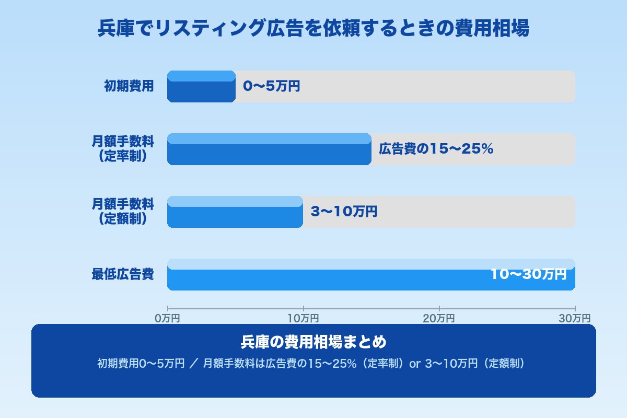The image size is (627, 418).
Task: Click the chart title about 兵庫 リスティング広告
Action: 313,29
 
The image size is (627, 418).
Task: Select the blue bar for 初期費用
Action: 201,87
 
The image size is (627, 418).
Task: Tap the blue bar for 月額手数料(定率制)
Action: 269,149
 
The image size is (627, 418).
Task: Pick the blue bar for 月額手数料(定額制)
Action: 235,212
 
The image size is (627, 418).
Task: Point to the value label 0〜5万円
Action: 272,86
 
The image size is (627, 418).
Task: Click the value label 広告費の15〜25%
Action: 436,149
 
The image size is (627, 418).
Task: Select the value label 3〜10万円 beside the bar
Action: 344,212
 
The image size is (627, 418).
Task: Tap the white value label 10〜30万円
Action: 528,274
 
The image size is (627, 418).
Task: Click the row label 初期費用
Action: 129,86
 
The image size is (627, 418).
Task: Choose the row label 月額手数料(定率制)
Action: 123,149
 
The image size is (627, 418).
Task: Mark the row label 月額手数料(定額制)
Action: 123,212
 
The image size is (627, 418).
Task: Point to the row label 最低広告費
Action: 123,274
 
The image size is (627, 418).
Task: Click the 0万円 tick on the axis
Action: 167,318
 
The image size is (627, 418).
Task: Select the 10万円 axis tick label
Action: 303,318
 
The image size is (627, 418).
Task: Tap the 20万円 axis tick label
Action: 439,318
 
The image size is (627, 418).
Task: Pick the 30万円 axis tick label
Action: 575,318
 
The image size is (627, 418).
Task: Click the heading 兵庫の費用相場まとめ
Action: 313,342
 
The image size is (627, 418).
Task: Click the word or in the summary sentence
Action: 415,364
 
